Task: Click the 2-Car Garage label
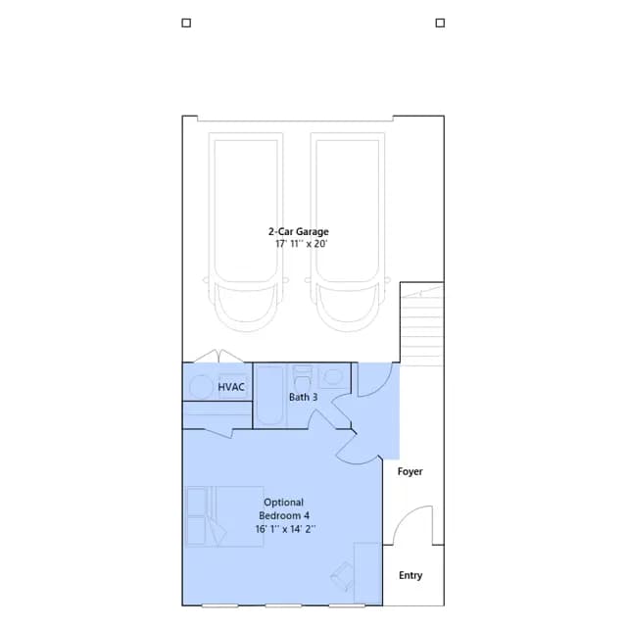click(298, 231)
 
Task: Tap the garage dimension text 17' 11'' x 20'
click(301, 244)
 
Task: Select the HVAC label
click(231, 387)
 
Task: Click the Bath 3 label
click(303, 397)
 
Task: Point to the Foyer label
click(410, 472)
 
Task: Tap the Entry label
click(410, 575)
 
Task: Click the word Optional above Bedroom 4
click(283, 503)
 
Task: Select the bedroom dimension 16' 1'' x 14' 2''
click(285, 529)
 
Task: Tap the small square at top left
click(186, 23)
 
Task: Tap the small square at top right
click(440, 23)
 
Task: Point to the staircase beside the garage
click(422, 324)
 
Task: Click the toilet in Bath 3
click(303, 378)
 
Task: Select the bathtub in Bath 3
click(270, 396)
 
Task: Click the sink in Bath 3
click(333, 376)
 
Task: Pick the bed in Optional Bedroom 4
click(224, 516)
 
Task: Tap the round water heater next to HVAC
click(201, 387)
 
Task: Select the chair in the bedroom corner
click(343, 577)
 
